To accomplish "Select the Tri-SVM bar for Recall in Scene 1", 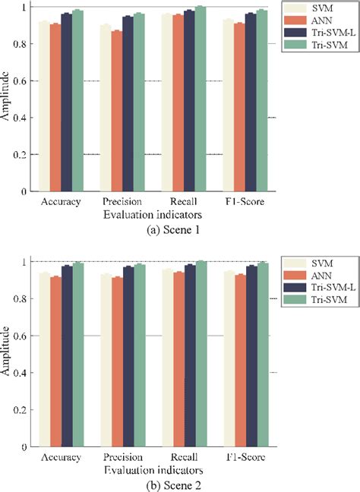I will click(200, 99).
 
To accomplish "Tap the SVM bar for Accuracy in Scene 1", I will click(43, 106).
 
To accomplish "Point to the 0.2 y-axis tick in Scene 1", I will click(15, 155).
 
